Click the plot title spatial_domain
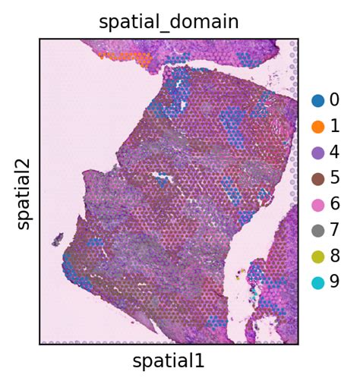pyautogui.click(x=169, y=22)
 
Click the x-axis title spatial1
pyautogui.click(x=169, y=361)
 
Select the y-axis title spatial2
pyautogui.click(x=24, y=191)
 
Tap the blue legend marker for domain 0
pyautogui.click(x=317, y=100)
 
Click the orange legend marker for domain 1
pyautogui.click(x=317, y=126)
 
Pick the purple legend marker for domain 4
pyautogui.click(x=317, y=153)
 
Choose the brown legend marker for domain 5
pyautogui.click(x=317, y=178)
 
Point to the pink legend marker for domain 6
pyautogui.click(x=317, y=205)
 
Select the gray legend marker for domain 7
pyautogui.click(x=317, y=231)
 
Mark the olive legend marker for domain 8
pyautogui.click(x=317, y=257)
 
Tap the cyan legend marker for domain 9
pyautogui.click(x=317, y=283)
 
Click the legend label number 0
pyautogui.click(x=334, y=100)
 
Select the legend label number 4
pyautogui.click(x=334, y=153)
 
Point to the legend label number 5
pyautogui.click(x=334, y=178)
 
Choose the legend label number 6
pyautogui.click(x=334, y=205)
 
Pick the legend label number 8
pyautogui.click(x=334, y=257)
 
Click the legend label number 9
pyautogui.click(x=334, y=283)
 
